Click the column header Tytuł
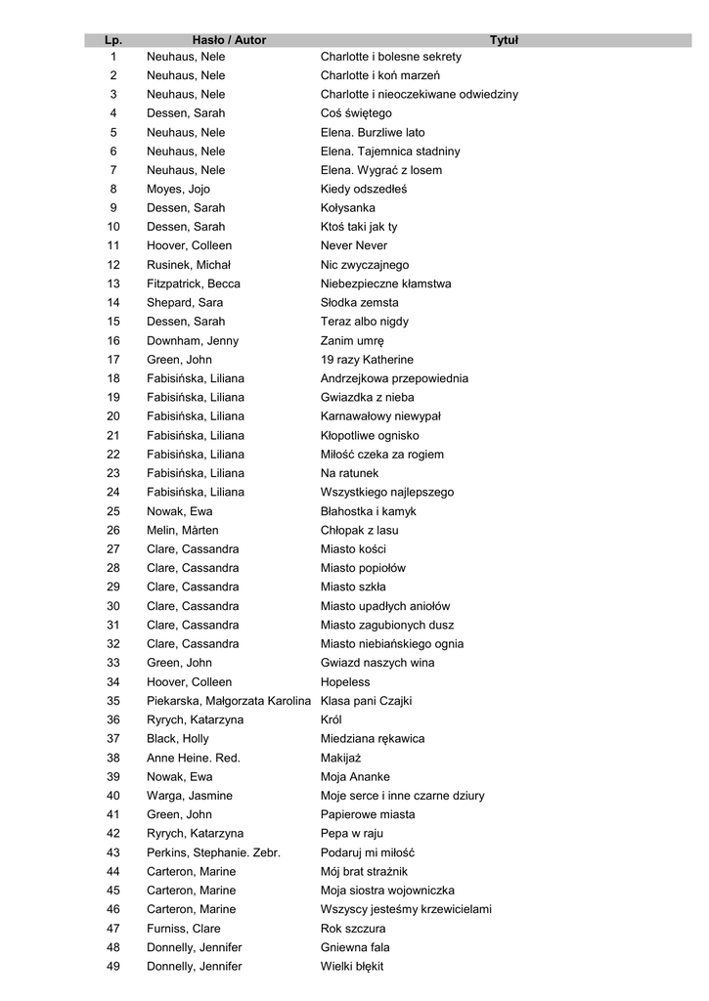coord(504,40)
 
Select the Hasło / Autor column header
coord(229,40)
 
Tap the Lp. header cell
coord(113,40)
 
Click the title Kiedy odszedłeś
coord(363,189)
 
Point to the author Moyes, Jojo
coord(178,189)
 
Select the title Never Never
coord(353,245)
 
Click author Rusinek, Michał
coord(189,265)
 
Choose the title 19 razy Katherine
coord(367,360)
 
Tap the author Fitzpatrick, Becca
coord(194,283)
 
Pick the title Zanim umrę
coord(352,341)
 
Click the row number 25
coord(113,511)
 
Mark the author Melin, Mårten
coord(183,530)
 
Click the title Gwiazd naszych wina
coord(377,663)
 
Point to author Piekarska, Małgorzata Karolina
coord(229,701)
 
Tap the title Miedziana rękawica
coord(373,738)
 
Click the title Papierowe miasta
coord(368,814)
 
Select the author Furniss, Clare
coord(184,929)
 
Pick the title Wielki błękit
coord(352,966)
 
